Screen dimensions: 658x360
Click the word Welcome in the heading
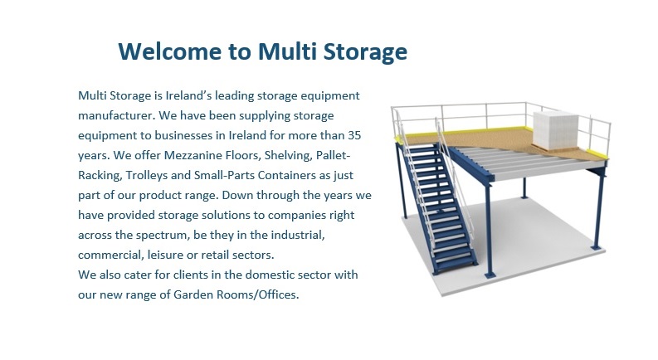[x=170, y=51]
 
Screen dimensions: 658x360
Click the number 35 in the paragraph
[x=354, y=135]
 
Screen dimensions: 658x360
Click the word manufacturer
[x=116, y=115]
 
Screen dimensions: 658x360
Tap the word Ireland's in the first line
[x=188, y=95]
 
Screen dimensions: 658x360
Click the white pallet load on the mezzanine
[x=555, y=130]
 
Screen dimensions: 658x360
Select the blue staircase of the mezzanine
[x=437, y=208]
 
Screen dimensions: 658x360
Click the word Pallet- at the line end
[x=334, y=155]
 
